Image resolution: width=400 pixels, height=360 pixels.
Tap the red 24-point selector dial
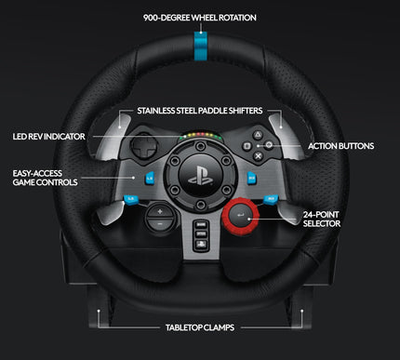(239, 216)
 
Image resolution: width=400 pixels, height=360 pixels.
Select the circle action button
(268, 145)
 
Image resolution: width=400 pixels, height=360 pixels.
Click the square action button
(246, 145)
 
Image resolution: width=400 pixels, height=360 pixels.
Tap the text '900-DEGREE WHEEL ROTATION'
(200, 18)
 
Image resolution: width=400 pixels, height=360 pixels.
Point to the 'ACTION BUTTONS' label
(341, 146)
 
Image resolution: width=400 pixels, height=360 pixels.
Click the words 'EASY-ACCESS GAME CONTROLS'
(46, 177)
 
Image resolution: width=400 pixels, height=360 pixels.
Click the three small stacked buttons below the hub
(200, 232)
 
